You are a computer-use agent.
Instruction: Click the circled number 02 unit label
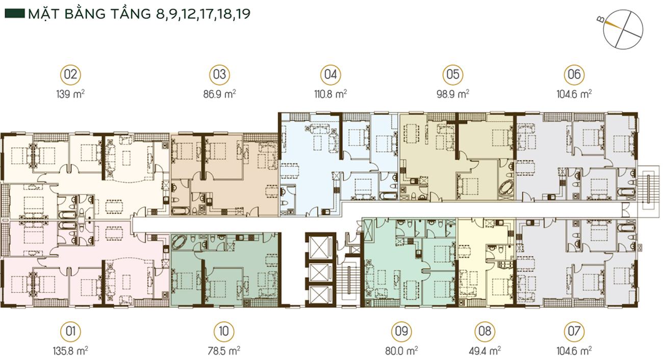coord(70,74)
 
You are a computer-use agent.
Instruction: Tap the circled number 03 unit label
coord(219,74)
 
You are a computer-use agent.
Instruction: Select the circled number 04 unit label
coord(330,74)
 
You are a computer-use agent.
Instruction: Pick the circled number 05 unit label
coord(453,74)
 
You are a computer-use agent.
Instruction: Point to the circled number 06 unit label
coord(574,74)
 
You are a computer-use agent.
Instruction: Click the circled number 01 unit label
coord(70,331)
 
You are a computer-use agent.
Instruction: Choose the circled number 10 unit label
coord(224,331)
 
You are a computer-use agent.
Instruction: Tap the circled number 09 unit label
coord(401,331)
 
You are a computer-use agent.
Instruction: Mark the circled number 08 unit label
coord(485,331)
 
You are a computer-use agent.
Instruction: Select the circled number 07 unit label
coord(574,331)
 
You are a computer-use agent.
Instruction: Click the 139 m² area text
coord(70,94)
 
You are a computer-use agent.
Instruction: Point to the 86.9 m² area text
coord(219,94)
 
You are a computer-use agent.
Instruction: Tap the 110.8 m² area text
coord(330,94)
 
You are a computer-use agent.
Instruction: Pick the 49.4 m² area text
coord(485,351)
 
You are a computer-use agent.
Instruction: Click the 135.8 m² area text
coord(70,351)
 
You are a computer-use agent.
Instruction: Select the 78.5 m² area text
coord(224,351)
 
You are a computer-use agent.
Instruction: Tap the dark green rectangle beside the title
coord(14,14)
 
